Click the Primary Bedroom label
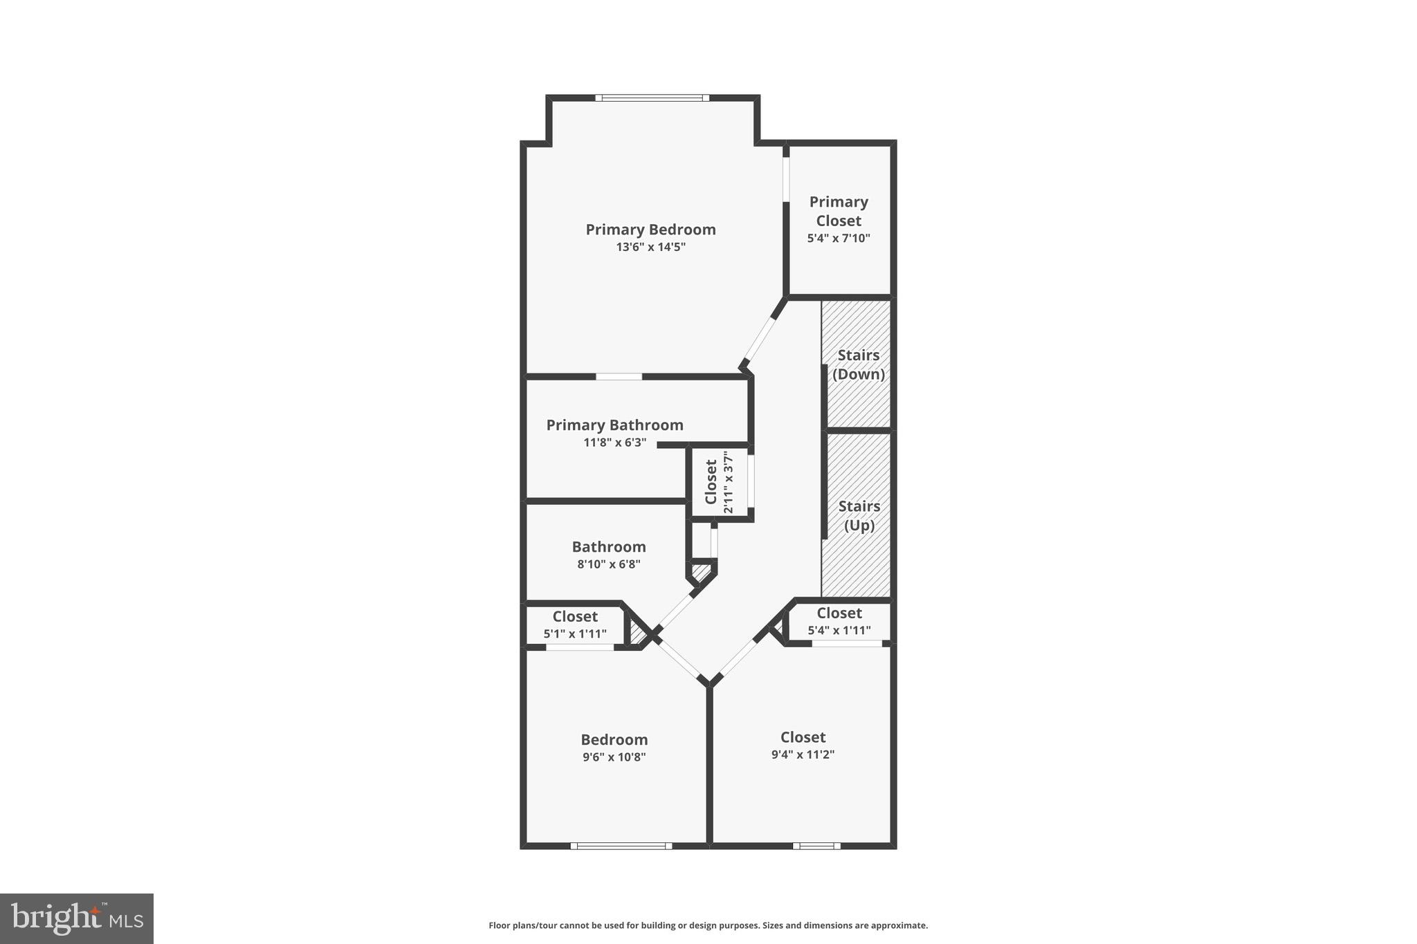(x=650, y=230)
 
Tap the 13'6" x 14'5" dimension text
(x=650, y=247)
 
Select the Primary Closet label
(x=839, y=211)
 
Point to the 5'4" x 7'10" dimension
(x=839, y=239)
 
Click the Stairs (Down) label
(x=859, y=364)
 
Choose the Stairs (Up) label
(x=859, y=516)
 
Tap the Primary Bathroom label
(x=614, y=425)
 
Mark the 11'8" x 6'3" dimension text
(x=614, y=443)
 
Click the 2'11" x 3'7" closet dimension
(x=728, y=482)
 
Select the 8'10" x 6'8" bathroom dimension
(x=609, y=564)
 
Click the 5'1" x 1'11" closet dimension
(x=575, y=633)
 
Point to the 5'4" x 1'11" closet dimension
(x=839, y=631)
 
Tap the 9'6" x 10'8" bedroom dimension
(x=614, y=757)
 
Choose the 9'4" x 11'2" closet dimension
(x=803, y=755)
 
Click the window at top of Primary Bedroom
(x=652, y=98)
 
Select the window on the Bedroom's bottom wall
(x=621, y=846)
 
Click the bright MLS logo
(x=77, y=918)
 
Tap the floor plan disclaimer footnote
(x=708, y=925)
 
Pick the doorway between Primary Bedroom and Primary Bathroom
(x=619, y=377)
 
